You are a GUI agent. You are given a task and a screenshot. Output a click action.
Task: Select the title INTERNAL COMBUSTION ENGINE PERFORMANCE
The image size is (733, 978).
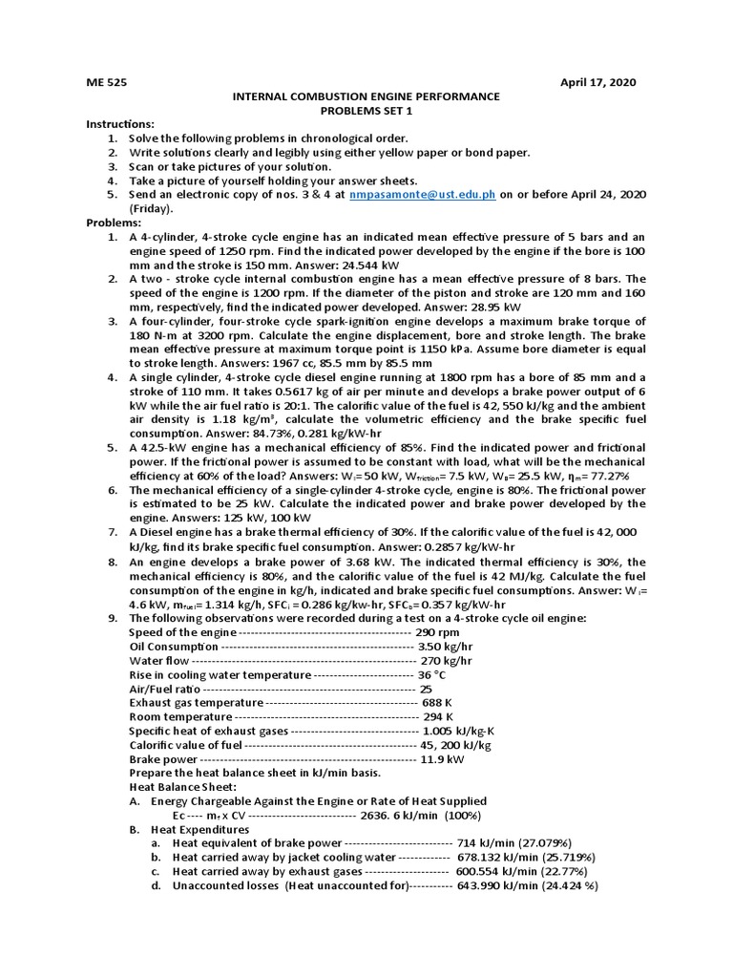click(x=366, y=96)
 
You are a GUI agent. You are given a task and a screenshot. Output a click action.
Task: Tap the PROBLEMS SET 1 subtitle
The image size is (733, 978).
click(x=366, y=110)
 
